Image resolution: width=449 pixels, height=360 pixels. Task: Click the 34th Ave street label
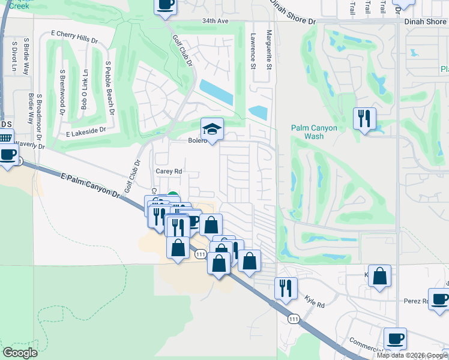[215, 20]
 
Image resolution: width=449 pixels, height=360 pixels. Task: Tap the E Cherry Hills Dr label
[74, 36]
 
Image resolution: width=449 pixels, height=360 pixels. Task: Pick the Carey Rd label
[169, 170]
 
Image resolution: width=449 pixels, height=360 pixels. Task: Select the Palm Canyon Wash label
[314, 132]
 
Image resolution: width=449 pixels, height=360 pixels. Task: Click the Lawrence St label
[253, 49]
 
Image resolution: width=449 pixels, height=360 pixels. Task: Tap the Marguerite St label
[270, 49]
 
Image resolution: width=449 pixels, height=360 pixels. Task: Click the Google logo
[20, 353]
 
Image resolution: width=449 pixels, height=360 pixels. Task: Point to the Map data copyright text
[412, 355]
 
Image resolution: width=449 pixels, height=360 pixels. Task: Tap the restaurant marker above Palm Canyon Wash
[364, 118]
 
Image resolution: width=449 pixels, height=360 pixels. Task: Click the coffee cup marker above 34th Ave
[166, 5]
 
